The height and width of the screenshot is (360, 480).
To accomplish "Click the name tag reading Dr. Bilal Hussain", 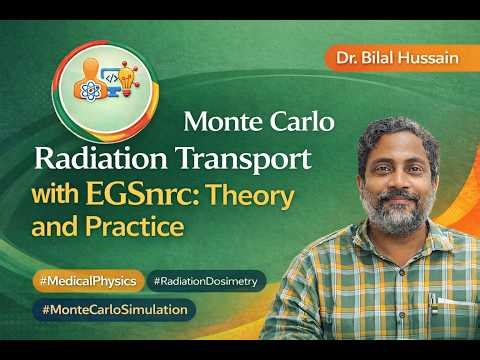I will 398,58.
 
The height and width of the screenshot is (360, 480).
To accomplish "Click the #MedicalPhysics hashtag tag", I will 87,280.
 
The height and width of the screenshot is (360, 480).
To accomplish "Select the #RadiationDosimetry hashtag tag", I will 207,281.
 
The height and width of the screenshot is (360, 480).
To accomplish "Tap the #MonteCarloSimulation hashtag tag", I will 115,310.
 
